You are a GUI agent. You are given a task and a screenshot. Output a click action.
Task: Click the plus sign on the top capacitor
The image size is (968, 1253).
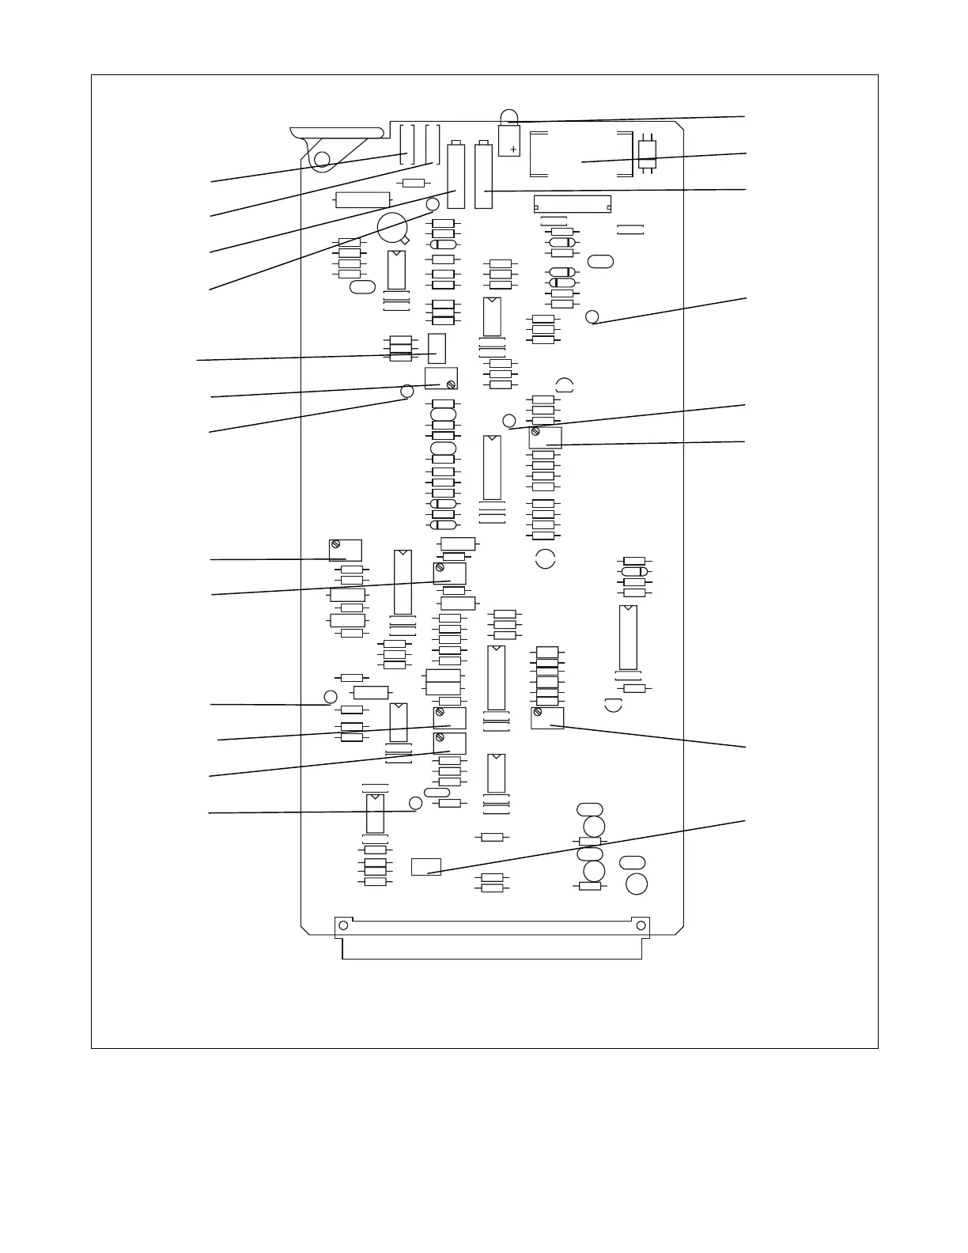513,149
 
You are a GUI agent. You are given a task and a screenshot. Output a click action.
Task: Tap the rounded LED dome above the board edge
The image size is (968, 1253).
509,116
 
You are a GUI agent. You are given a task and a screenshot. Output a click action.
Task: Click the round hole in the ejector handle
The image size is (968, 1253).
322,161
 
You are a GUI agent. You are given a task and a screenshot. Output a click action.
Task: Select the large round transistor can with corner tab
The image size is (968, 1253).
392,228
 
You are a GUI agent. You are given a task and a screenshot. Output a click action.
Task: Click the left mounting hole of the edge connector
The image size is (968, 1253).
343,926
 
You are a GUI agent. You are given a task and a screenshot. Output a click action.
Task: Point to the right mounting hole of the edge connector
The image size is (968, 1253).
641,926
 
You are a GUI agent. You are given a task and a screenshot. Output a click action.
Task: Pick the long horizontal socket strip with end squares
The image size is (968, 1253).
573,204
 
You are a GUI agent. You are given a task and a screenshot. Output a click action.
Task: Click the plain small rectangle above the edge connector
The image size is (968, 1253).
425,867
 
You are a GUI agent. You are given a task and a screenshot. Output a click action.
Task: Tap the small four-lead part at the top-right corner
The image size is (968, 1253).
647,153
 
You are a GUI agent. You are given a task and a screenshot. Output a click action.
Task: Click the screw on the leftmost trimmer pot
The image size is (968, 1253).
335,544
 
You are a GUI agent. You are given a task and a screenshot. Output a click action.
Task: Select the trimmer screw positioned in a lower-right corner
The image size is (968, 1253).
450,384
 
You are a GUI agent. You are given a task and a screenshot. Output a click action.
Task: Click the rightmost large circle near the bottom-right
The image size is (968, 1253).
637,884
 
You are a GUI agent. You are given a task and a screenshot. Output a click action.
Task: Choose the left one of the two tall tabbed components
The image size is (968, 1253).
456,176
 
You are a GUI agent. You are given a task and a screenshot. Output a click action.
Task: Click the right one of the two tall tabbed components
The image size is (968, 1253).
483,176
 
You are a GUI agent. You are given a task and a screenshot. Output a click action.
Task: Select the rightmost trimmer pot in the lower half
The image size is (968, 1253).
546,717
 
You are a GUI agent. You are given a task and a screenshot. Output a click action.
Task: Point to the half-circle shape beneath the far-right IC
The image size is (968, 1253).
613,706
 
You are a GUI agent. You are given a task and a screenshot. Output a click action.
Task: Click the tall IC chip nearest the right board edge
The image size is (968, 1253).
628,638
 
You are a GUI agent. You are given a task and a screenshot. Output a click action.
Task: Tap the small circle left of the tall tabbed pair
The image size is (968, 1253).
433,205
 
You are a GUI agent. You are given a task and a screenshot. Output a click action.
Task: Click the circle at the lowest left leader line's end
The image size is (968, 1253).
416,804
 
